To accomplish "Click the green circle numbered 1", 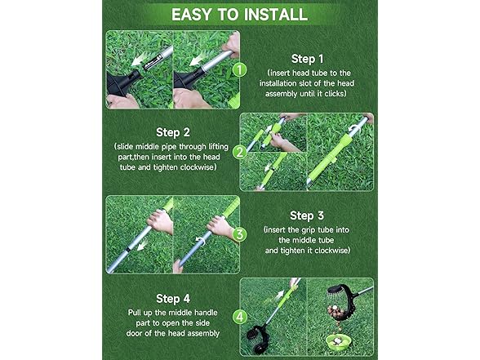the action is tap(240, 69).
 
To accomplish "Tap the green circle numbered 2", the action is tap(240, 152).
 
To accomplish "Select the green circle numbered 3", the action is tap(240, 234).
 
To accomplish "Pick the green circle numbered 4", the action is tap(240, 317).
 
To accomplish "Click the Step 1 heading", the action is tap(307, 59).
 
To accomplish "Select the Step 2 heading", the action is tap(173, 132).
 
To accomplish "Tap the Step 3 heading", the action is tap(307, 216).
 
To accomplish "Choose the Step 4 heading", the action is tap(173, 299).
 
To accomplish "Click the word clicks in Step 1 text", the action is tap(335, 94).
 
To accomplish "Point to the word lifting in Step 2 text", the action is tap(218, 147).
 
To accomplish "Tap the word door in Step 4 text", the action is tap(134, 333).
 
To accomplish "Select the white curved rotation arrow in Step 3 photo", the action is tap(201, 241).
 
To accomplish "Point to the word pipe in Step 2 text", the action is tap(169, 147).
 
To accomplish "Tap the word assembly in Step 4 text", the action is tap(203, 333).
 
